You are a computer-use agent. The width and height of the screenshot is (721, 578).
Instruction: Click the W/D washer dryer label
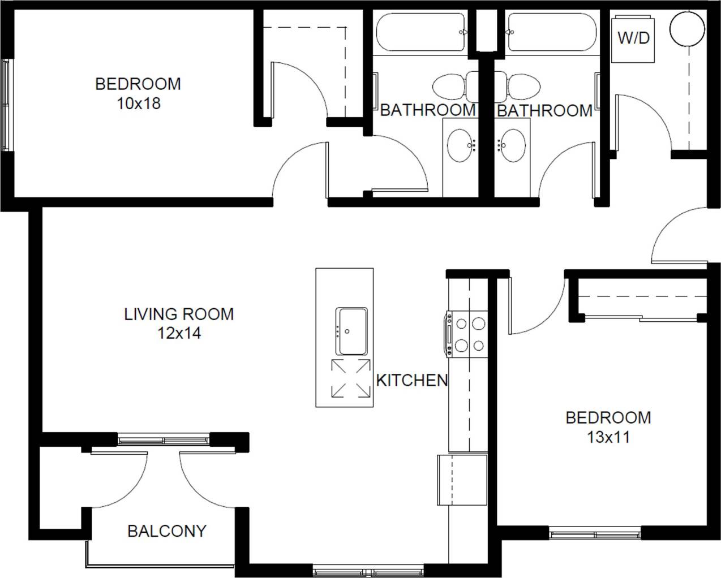coord(633,38)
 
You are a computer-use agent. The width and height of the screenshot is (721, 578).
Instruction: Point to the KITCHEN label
coord(412,381)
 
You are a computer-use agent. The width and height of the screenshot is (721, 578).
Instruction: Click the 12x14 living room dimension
coord(179,334)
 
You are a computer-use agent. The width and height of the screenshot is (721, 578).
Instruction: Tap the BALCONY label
coord(167,531)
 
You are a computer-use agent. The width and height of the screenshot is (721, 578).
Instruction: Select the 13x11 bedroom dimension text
coord(608,437)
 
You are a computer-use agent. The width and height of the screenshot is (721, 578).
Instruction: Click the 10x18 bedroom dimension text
coord(138,103)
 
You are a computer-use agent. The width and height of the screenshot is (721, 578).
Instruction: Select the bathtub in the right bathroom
coord(552,32)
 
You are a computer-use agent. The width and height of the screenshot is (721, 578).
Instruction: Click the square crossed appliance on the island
coord(351,378)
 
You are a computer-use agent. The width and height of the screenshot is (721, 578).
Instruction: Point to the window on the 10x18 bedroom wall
coord(6,105)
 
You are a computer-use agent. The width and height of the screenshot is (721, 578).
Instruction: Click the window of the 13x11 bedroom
coord(595,533)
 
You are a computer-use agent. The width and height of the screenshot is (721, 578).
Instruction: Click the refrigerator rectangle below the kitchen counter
coord(462,479)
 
